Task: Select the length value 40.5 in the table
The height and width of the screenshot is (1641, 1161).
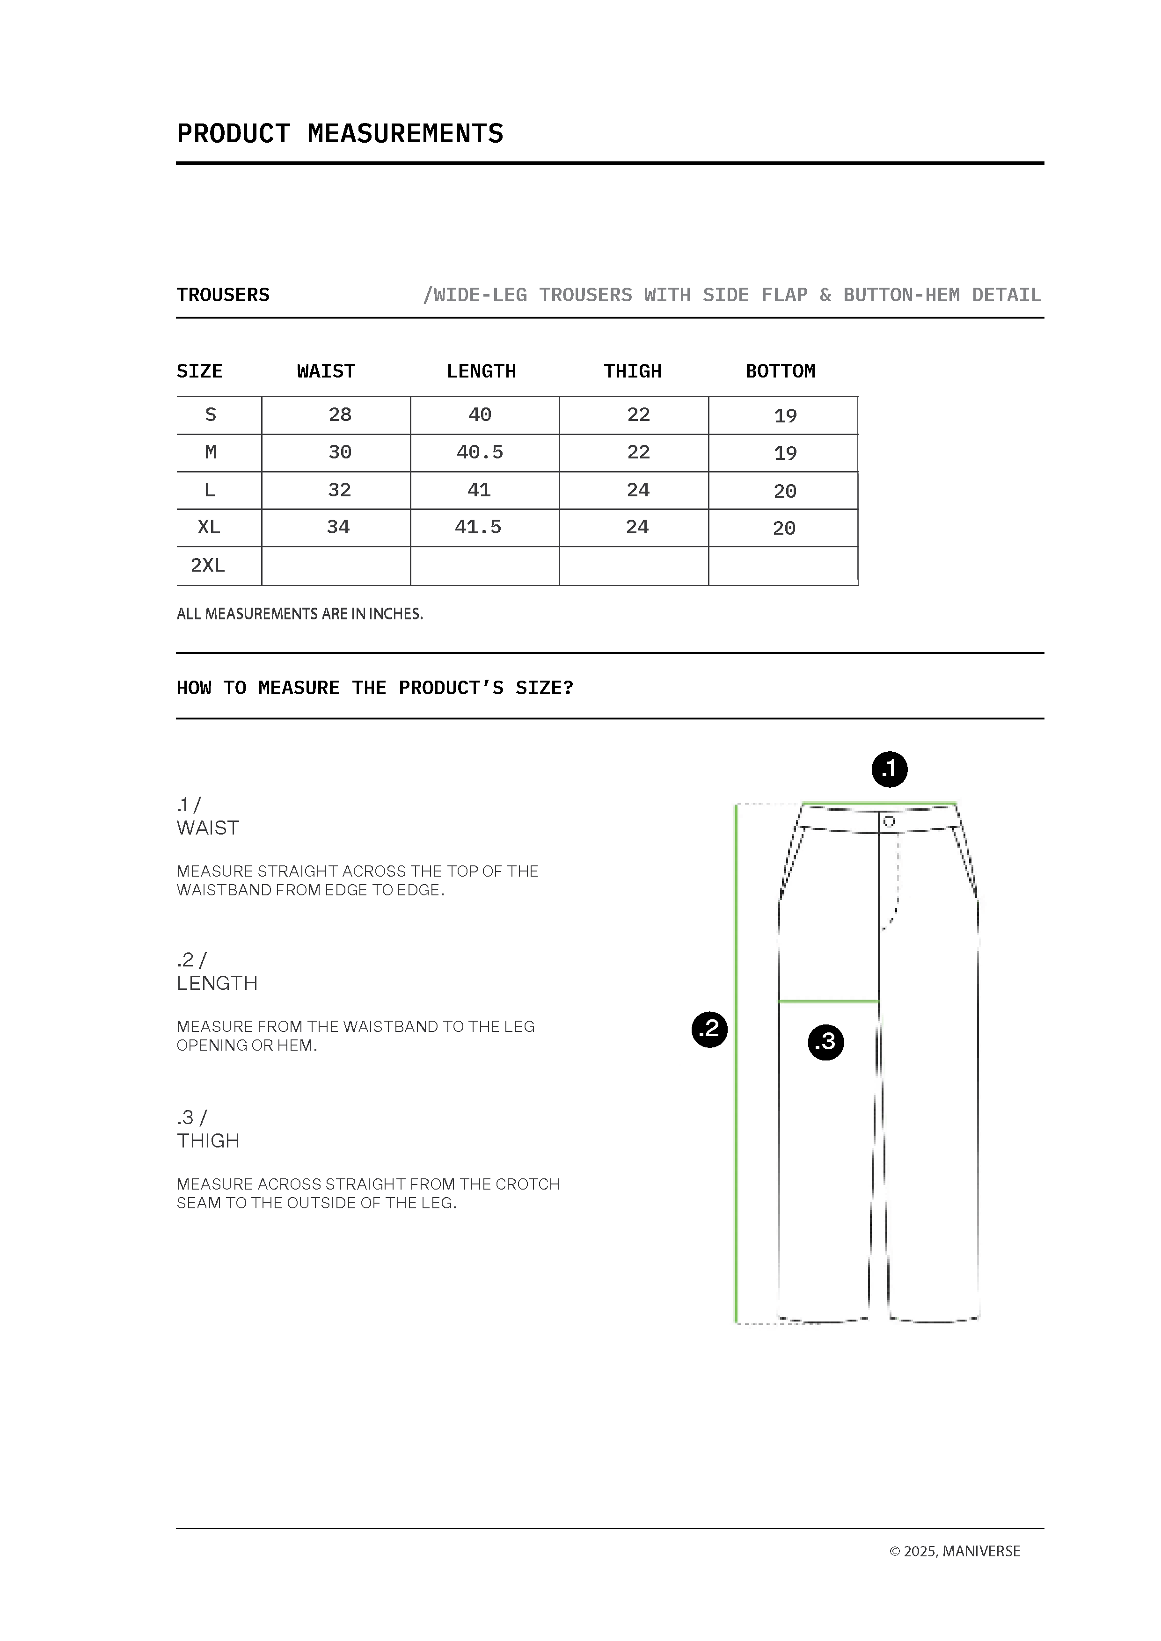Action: pos(480,452)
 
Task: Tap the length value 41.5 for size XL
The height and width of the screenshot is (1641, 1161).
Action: pos(478,528)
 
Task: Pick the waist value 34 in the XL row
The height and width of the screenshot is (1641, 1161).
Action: pos(338,528)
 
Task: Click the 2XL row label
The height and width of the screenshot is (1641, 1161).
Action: pos(207,566)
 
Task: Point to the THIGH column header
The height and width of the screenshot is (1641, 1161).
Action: pos(633,371)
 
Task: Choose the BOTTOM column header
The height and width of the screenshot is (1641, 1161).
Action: pos(780,371)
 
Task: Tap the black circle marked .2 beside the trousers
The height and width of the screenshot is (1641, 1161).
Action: pos(709,1029)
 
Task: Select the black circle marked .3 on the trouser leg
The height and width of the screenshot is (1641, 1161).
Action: pos(826,1041)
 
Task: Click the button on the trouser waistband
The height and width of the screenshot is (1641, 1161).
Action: pos(889,821)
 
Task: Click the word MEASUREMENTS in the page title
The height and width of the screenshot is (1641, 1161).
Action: pos(405,134)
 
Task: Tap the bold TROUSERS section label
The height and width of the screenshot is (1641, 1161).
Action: pos(223,295)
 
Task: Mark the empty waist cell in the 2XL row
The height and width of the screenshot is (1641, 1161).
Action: pos(336,566)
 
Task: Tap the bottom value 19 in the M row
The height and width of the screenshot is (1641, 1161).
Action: pos(785,453)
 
